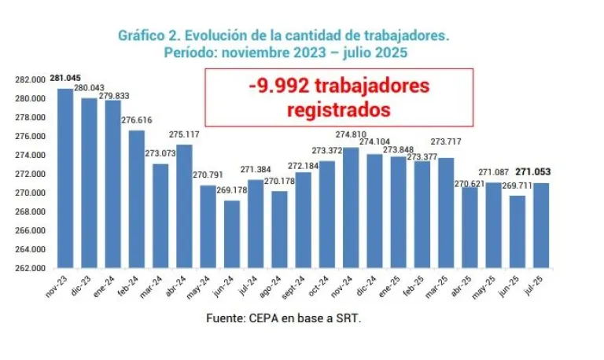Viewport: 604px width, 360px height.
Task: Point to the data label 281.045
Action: [x=65, y=79]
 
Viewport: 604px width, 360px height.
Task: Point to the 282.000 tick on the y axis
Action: [x=30, y=80]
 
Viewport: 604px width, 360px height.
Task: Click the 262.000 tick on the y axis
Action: [x=30, y=269]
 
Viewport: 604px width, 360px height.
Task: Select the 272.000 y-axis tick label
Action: [x=30, y=174]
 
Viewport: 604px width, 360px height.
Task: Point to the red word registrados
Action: [x=338, y=108]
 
